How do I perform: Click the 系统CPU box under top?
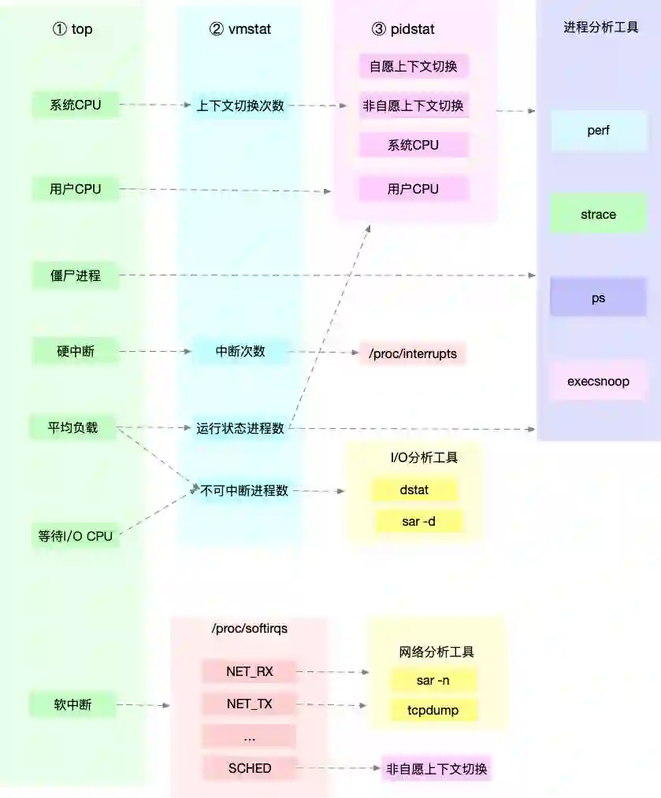[76, 105]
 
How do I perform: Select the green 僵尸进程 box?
[76, 275]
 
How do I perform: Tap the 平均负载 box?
[72, 428]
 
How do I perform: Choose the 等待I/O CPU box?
[76, 537]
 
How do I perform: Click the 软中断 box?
[72, 704]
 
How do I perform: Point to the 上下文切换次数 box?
[240, 105]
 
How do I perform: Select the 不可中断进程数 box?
[245, 490]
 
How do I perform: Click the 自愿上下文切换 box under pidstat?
[413, 66]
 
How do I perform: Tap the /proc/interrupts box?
[413, 353]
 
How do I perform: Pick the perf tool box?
[598, 131]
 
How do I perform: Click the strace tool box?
[598, 214]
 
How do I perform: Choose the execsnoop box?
[598, 382]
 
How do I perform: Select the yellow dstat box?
[414, 490]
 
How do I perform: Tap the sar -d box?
[418, 521]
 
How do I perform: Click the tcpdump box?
[433, 711]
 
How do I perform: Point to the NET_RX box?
[249, 671]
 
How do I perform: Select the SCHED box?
[249, 768]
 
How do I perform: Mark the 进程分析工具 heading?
[600, 28]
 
